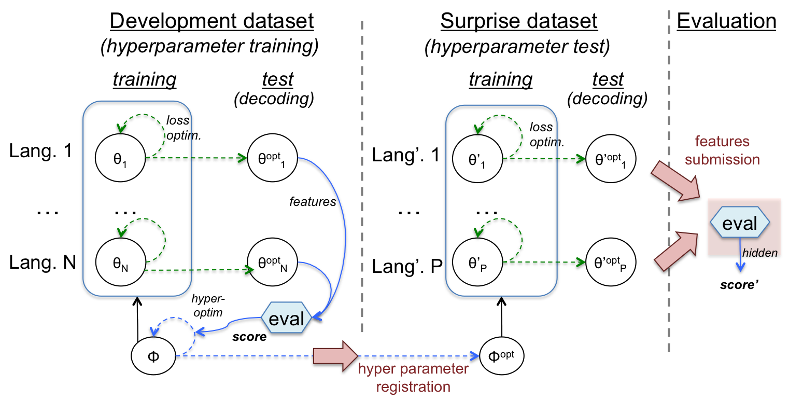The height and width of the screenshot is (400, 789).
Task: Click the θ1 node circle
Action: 120,157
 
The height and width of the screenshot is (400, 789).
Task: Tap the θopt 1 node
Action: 273,157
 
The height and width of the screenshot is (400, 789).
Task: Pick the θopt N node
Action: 273,264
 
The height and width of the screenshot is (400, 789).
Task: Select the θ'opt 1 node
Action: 611,158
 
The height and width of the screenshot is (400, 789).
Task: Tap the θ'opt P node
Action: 611,265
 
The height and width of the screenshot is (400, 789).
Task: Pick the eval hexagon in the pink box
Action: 740,223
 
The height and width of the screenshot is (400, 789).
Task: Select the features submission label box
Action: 722,149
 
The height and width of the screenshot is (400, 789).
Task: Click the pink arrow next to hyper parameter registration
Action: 335,355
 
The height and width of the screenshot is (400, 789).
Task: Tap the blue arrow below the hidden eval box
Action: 741,263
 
